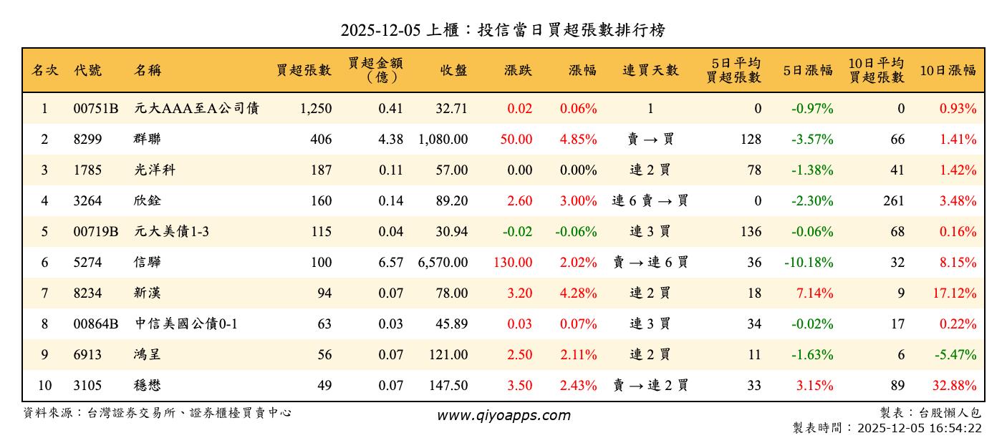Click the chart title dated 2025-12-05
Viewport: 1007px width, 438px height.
[x=503, y=30]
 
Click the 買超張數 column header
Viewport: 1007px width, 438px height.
[x=304, y=70]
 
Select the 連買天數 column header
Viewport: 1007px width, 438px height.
[x=650, y=70]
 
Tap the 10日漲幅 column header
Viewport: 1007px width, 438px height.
[x=948, y=70]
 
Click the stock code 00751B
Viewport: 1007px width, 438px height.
[x=95, y=109]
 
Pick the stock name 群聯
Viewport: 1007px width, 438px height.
[x=147, y=140]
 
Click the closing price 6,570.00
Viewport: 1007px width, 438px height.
[x=443, y=263]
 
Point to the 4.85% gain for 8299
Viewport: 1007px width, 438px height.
[x=578, y=140]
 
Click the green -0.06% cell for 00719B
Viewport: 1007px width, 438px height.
[x=576, y=232]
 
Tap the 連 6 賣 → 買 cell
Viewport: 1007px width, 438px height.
[x=650, y=201]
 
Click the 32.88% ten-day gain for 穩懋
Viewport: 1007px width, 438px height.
[x=954, y=386]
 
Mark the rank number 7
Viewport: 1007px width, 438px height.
[x=44, y=293]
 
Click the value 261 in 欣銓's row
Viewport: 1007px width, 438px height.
[x=893, y=201]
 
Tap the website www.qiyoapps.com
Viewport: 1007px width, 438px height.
[x=503, y=416]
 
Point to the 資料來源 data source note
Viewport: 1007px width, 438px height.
[x=158, y=413]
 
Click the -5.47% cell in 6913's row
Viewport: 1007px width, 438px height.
[x=958, y=355]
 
